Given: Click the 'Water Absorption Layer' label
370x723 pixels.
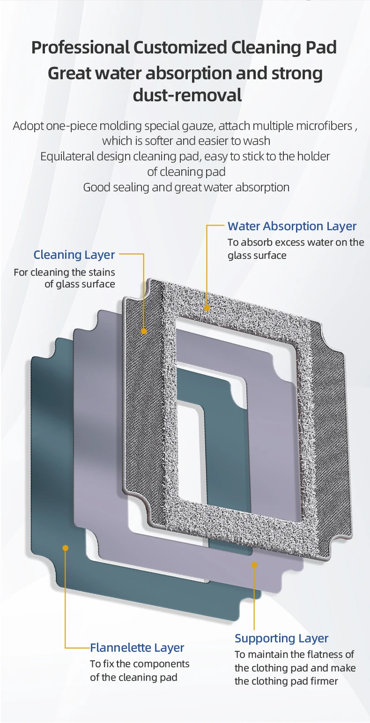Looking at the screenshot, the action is point(292,226).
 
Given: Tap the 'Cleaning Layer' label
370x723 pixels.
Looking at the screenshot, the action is point(74,255).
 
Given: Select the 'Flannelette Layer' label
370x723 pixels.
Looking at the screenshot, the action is point(137,648).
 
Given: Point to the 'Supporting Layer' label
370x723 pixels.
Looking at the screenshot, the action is point(281,639).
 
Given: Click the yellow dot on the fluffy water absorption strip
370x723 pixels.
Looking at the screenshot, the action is point(207,308).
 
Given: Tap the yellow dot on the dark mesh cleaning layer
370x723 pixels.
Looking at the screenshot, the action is point(144,331).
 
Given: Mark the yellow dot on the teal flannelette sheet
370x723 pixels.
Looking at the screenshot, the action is point(66,548).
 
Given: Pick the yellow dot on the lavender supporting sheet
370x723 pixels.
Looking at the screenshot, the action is point(254,565).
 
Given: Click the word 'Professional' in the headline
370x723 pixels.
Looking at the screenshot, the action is point(80,47).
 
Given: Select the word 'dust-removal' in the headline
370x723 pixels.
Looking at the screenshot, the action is point(187,95).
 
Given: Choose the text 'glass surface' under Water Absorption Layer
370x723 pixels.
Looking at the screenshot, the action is point(257,256).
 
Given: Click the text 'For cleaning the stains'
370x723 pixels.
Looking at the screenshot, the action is point(64,272).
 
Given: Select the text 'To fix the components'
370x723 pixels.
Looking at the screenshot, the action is point(140,663).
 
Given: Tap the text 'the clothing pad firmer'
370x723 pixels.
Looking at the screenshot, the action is point(286,681).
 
